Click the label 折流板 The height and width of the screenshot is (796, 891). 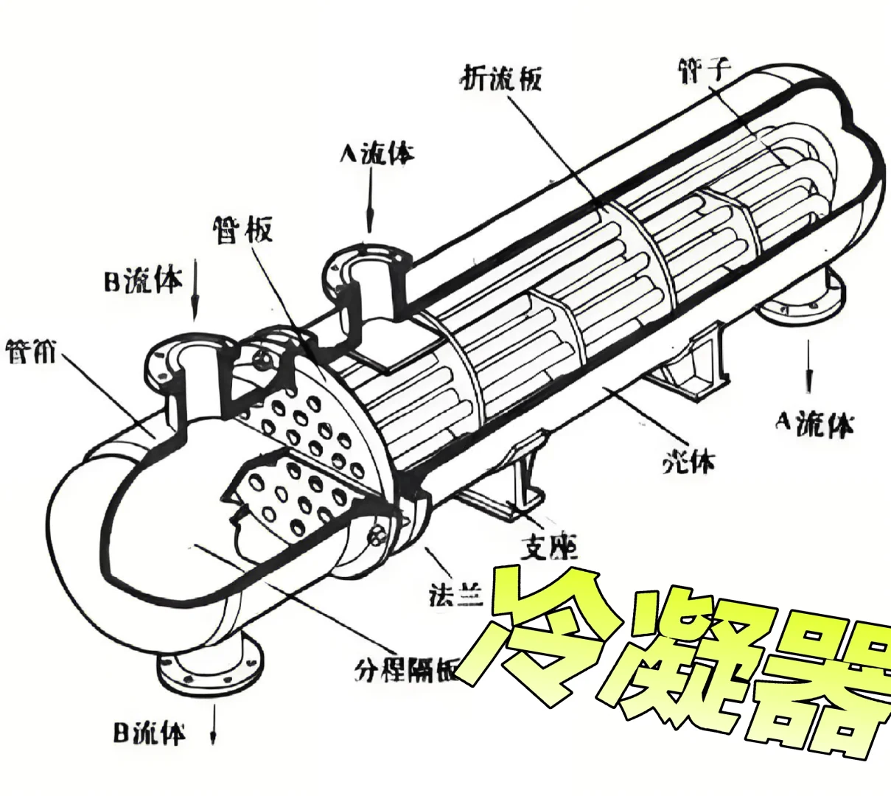(501, 77)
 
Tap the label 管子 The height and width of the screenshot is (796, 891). (703, 70)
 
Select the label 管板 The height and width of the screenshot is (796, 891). (242, 229)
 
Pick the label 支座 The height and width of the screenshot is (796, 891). (548, 546)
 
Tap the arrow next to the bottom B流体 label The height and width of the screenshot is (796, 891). (214, 727)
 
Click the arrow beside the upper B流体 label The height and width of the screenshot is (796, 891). (195, 287)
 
